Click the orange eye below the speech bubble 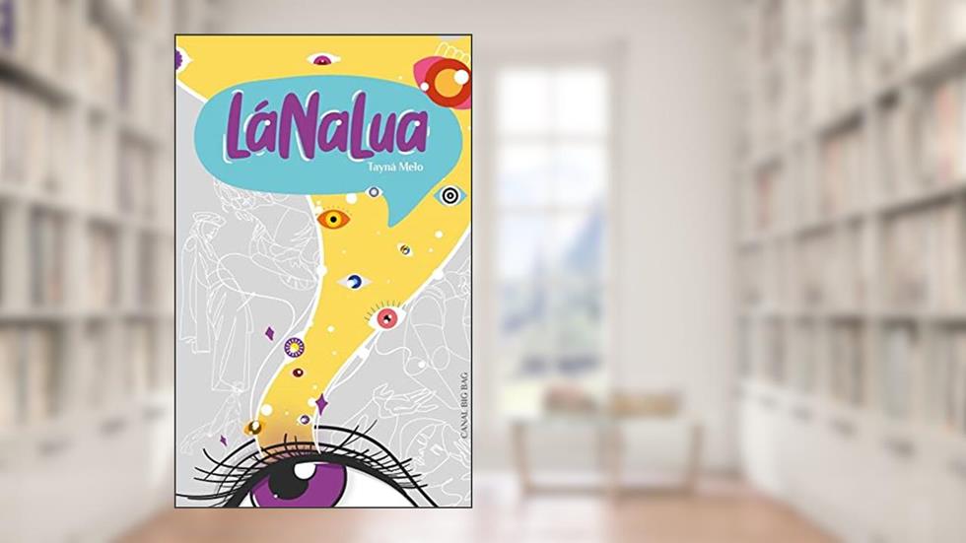click(334, 218)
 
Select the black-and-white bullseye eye click(449, 195)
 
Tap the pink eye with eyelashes click(386, 318)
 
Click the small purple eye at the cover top click(321, 60)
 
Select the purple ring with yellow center click(294, 347)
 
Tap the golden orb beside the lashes click(254, 428)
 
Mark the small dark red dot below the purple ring click(298, 373)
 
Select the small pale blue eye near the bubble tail click(374, 192)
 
